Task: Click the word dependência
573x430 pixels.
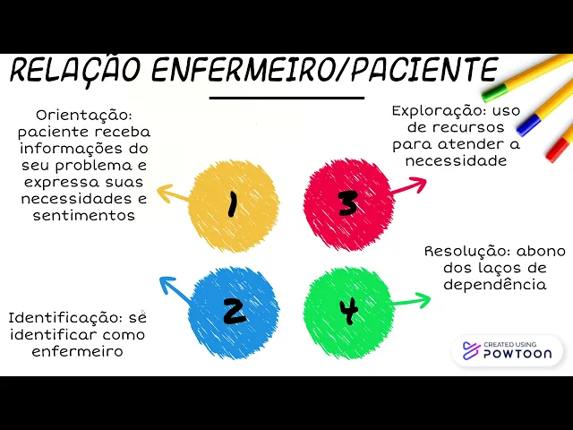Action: tap(495, 285)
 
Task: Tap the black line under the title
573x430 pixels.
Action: tap(286, 98)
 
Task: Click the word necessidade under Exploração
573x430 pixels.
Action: tap(456, 161)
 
